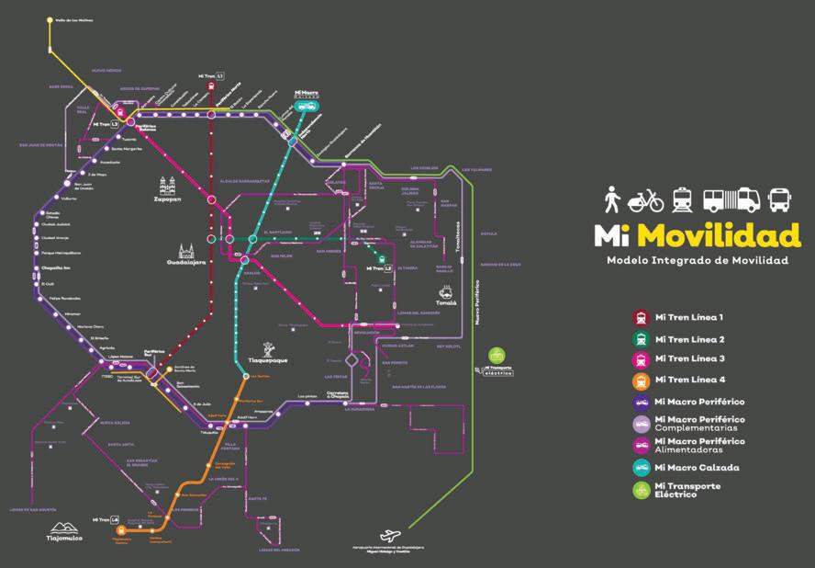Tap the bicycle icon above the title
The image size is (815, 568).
645,199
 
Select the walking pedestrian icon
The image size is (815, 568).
612,199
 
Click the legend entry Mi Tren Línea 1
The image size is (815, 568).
689,318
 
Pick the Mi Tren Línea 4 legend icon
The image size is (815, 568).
640,381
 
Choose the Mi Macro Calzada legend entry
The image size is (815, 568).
696,468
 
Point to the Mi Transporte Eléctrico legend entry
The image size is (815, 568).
687,490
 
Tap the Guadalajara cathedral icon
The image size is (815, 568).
187,253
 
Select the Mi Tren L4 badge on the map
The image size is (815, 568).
106,519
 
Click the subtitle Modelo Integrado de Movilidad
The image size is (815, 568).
697,261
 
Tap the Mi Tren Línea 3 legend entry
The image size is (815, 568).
689,359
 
